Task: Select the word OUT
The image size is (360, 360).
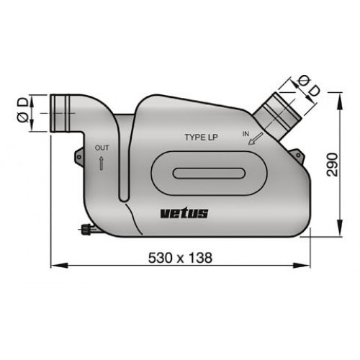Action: (102, 148)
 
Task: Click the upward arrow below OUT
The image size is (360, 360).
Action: (102, 163)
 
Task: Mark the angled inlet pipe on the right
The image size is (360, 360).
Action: (276, 112)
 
